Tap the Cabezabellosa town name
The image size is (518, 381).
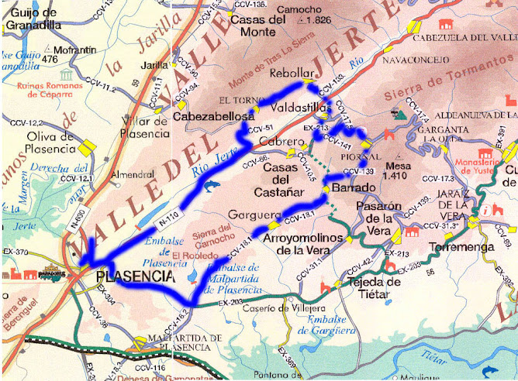213,116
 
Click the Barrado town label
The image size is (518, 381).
350,188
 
